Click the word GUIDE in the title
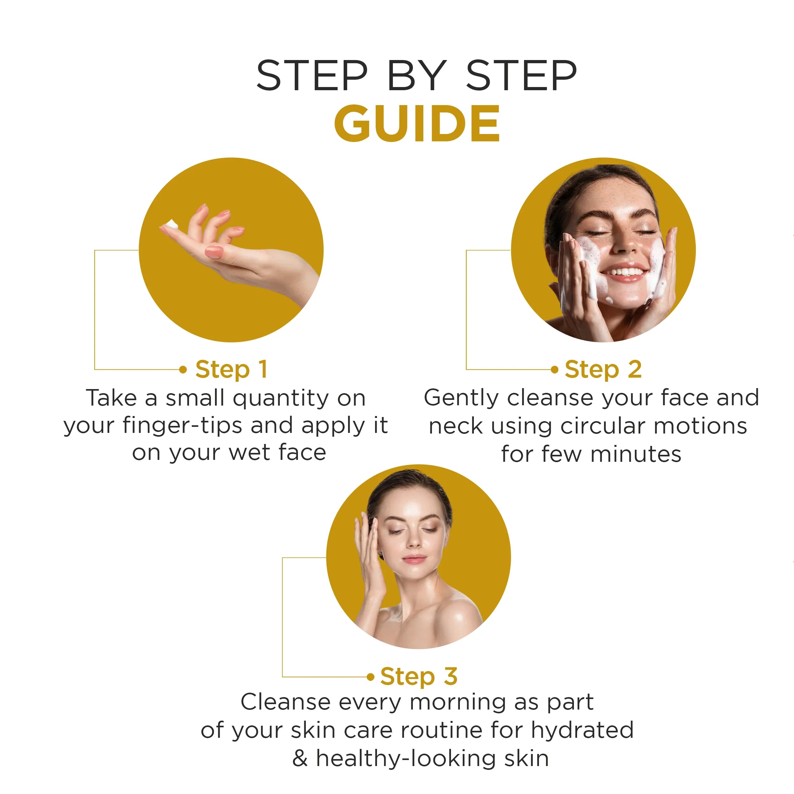click(417, 123)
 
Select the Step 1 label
click(232, 369)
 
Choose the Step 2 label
click(603, 369)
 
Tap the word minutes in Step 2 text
click(636, 454)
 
